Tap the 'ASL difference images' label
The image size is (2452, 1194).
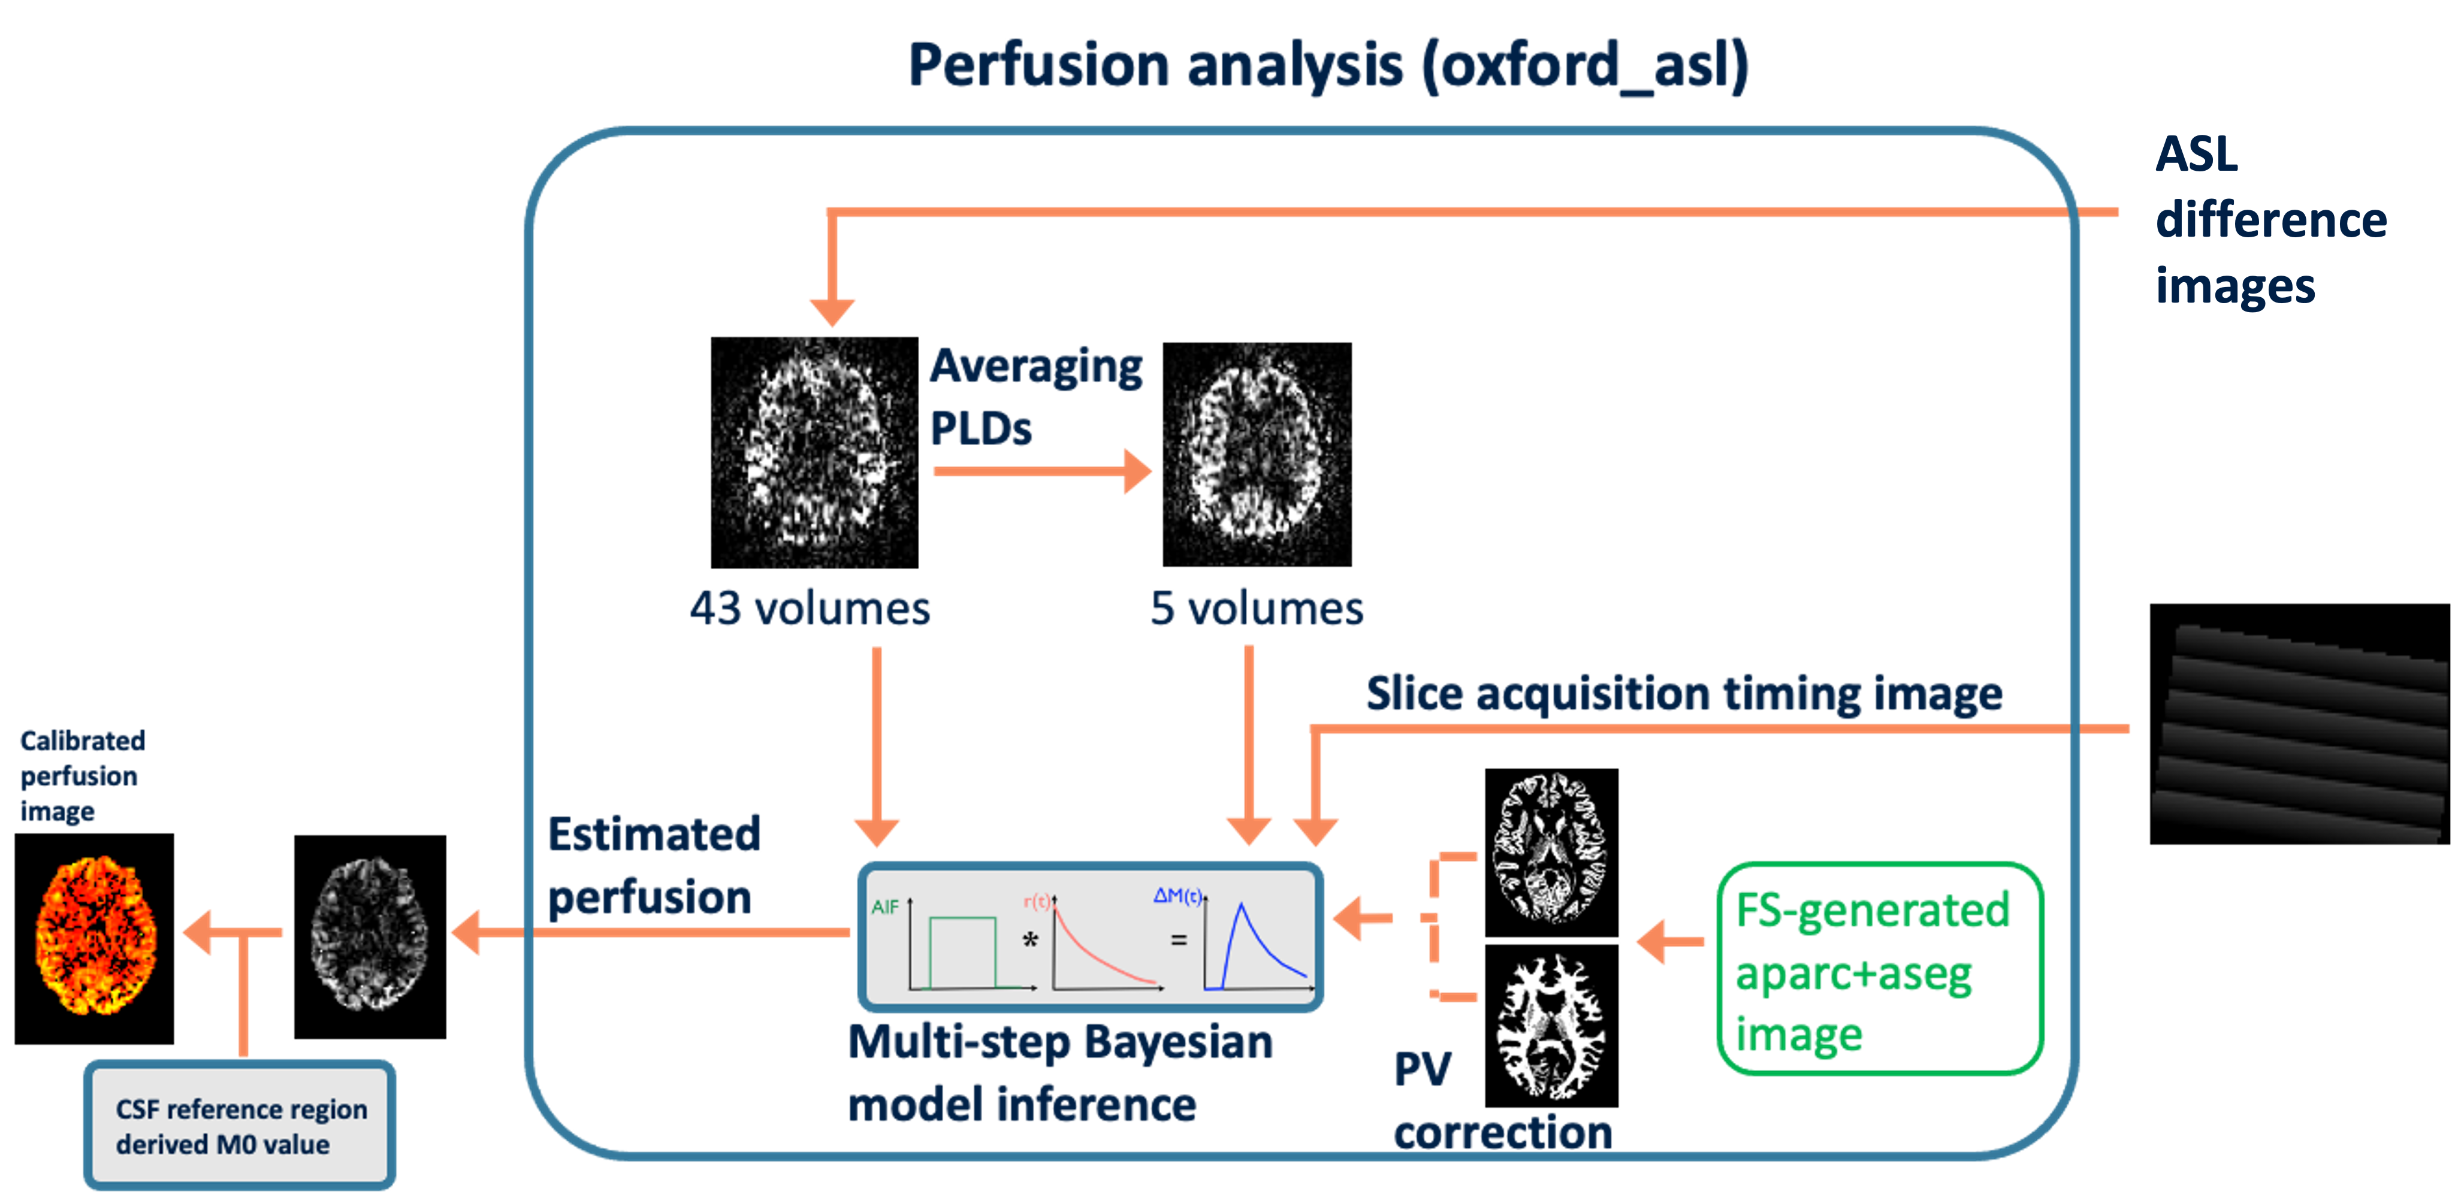click(2270, 220)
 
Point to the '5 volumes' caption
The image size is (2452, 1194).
click(1257, 608)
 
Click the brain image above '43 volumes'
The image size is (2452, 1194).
click(814, 452)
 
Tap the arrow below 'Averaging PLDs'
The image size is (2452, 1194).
click(1042, 471)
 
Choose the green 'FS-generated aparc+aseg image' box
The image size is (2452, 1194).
click(1880, 969)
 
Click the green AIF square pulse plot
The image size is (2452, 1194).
click(961, 951)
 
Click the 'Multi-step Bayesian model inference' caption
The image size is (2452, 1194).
click(1059, 1073)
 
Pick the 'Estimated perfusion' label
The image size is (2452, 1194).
click(654, 866)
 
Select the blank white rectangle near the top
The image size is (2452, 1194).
click(1477, 259)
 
